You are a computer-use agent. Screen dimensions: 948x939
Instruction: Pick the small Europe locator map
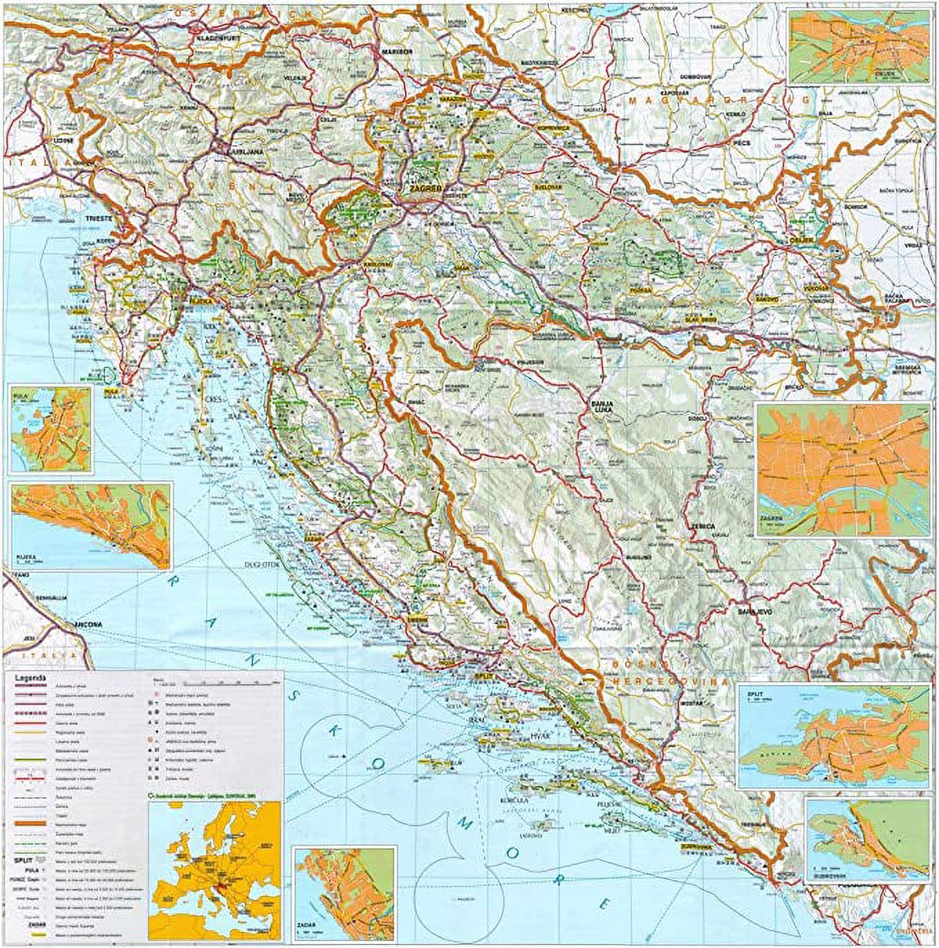[x=216, y=869]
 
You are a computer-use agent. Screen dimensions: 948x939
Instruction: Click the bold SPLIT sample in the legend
[x=24, y=860]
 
